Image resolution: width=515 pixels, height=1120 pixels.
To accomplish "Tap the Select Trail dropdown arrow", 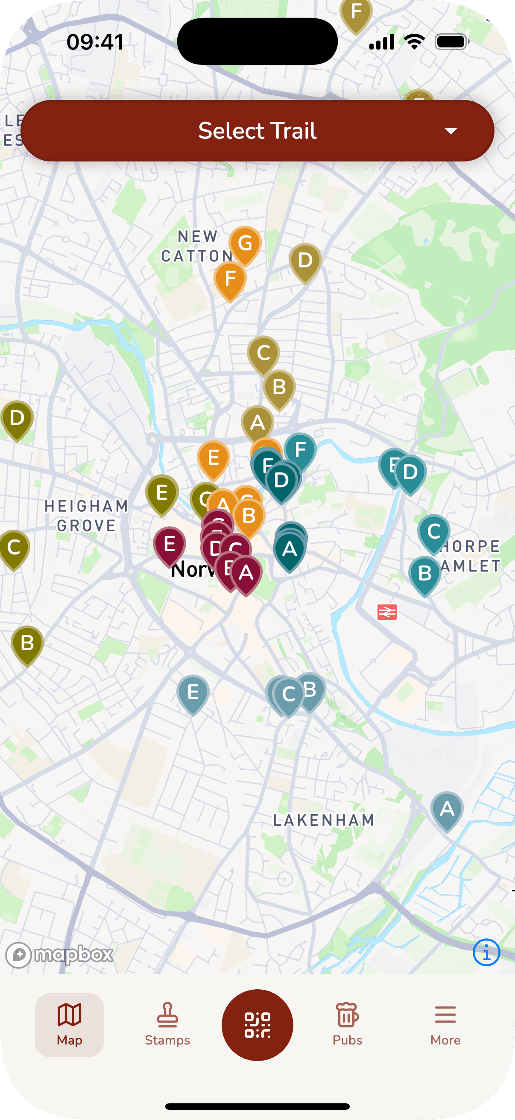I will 451,131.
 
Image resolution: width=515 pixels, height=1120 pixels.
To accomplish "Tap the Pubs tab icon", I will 347,1015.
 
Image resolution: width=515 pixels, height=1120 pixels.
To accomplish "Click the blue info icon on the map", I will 486,953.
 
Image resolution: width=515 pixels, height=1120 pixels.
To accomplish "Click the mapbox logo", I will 59,955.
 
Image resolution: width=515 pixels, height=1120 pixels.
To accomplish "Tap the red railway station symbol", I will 387,612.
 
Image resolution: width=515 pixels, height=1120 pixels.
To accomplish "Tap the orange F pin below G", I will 230,279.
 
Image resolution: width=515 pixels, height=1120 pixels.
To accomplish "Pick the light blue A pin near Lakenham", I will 447,809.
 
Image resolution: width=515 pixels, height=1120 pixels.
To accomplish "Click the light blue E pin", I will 193,692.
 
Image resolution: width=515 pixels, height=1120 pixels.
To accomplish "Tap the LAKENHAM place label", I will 323,820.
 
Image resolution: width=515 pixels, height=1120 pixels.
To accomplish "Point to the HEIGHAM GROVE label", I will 87,516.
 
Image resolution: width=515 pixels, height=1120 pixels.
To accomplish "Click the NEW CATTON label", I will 197,246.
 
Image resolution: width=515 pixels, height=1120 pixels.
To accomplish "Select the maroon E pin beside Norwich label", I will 170,544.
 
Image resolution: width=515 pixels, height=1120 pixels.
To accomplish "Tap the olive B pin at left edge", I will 27,643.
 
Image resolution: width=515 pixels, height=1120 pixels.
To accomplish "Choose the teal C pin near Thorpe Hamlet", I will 434,532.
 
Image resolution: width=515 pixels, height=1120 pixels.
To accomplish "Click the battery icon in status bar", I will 451,42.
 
